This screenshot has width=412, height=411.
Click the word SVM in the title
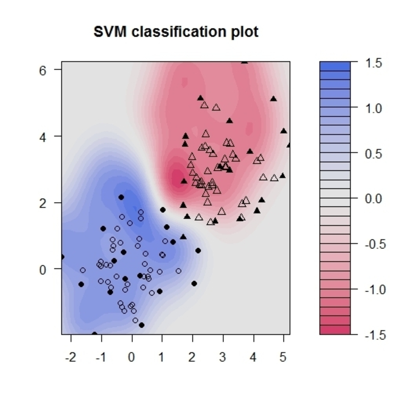pyautogui.click(x=111, y=32)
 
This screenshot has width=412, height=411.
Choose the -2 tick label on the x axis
pyautogui.click(x=71, y=357)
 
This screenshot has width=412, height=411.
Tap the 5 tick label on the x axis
pyautogui.click(x=283, y=357)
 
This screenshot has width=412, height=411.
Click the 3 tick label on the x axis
pyautogui.click(x=222, y=357)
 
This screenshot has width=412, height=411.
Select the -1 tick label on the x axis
pyautogui.click(x=101, y=357)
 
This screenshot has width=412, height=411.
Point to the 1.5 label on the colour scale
pyautogui.click(x=374, y=63)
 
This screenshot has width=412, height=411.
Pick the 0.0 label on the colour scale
pyautogui.click(x=374, y=199)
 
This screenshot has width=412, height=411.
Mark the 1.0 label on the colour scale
pyautogui.click(x=374, y=109)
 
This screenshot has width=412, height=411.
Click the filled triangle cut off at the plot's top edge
pyautogui.click(x=244, y=62)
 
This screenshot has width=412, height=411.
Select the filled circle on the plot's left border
pyautogui.click(x=62, y=257)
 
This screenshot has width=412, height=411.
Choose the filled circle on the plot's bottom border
pyautogui.click(x=94, y=333)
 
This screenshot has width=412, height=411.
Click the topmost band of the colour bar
pyautogui.click(x=335, y=66)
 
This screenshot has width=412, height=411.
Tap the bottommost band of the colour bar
pyautogui.click(x=335, y=330)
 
